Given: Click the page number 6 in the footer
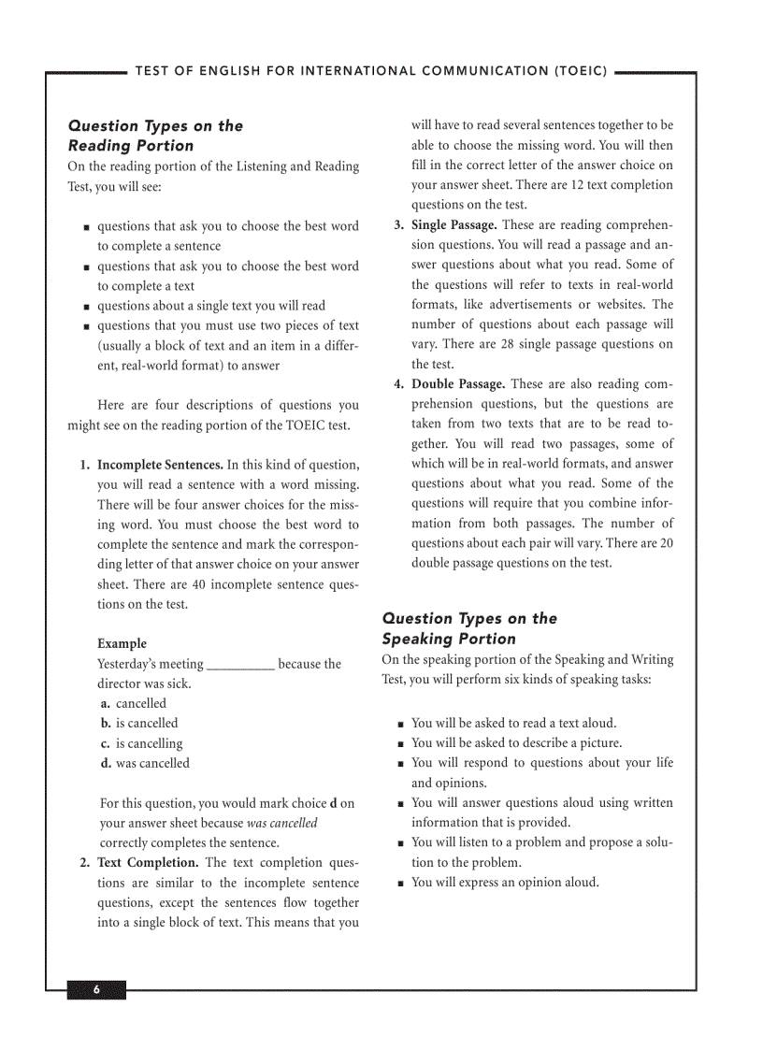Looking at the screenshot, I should point(95,991).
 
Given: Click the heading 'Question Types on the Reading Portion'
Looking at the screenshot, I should point(155,136).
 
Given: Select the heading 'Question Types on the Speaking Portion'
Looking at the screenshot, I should point(469,628).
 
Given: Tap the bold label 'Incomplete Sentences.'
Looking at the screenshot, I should point(160,465).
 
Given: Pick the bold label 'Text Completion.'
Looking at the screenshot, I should point(148,862).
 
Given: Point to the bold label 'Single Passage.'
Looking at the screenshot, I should point(454,225).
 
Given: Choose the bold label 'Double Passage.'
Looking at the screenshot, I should point(458,384).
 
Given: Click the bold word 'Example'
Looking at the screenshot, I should point(122,643).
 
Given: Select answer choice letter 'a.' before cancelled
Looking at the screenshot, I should point(106,703).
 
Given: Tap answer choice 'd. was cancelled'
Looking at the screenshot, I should point(145,763).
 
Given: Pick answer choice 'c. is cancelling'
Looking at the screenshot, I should point(142,743).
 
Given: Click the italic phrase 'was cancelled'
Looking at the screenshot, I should point(281,823).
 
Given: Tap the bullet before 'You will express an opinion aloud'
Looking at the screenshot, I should point(400,883).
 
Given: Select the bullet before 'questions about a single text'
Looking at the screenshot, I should point(86,306).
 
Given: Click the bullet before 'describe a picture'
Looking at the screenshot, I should point(400,743).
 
